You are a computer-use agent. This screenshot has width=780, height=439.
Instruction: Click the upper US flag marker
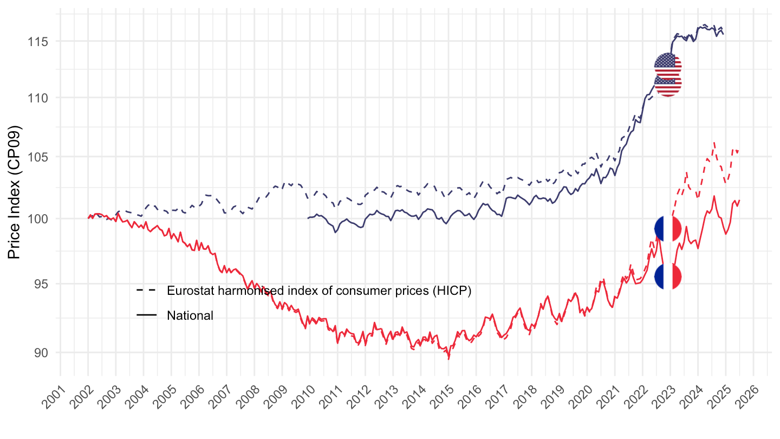668,67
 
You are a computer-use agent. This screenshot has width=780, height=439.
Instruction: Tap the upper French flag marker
668,228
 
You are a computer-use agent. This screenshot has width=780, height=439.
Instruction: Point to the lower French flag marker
668,276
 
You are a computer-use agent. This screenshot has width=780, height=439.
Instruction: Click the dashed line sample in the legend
146,290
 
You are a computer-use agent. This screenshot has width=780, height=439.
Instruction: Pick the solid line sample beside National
146,315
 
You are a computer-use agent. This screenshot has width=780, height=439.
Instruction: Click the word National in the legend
190,315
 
